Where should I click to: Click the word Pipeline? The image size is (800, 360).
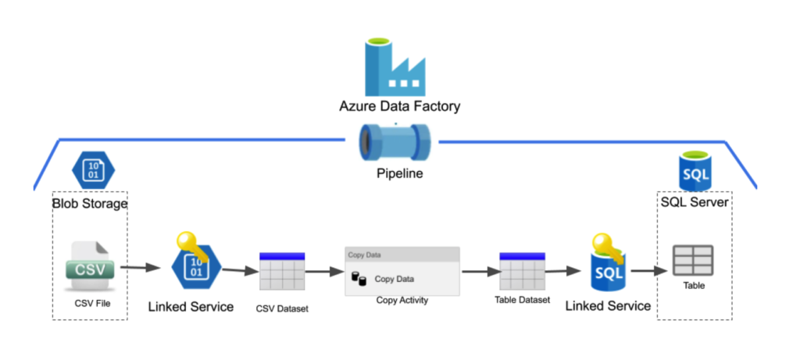pyautogui.click(x=398, y=173)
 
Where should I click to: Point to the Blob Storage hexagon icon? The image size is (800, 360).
pyautogui.click(x=93, y=169)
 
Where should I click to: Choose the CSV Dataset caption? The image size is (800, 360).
pyautogui.click(x=282, y=308)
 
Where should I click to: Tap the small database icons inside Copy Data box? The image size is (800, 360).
pyautogui.click(x=360, y=279)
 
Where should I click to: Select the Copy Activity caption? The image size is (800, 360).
pyautogui.click(x=402, y=300)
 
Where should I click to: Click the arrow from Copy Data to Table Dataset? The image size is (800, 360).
pyautogui.click(x=480, y=272)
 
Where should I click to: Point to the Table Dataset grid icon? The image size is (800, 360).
pyautogui.click(x=521, y=272)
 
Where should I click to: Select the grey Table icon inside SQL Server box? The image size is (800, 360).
pyautogui.click(x=693, y=260)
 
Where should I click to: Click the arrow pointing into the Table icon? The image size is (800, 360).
pyautogui.click(x=648, y=272)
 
